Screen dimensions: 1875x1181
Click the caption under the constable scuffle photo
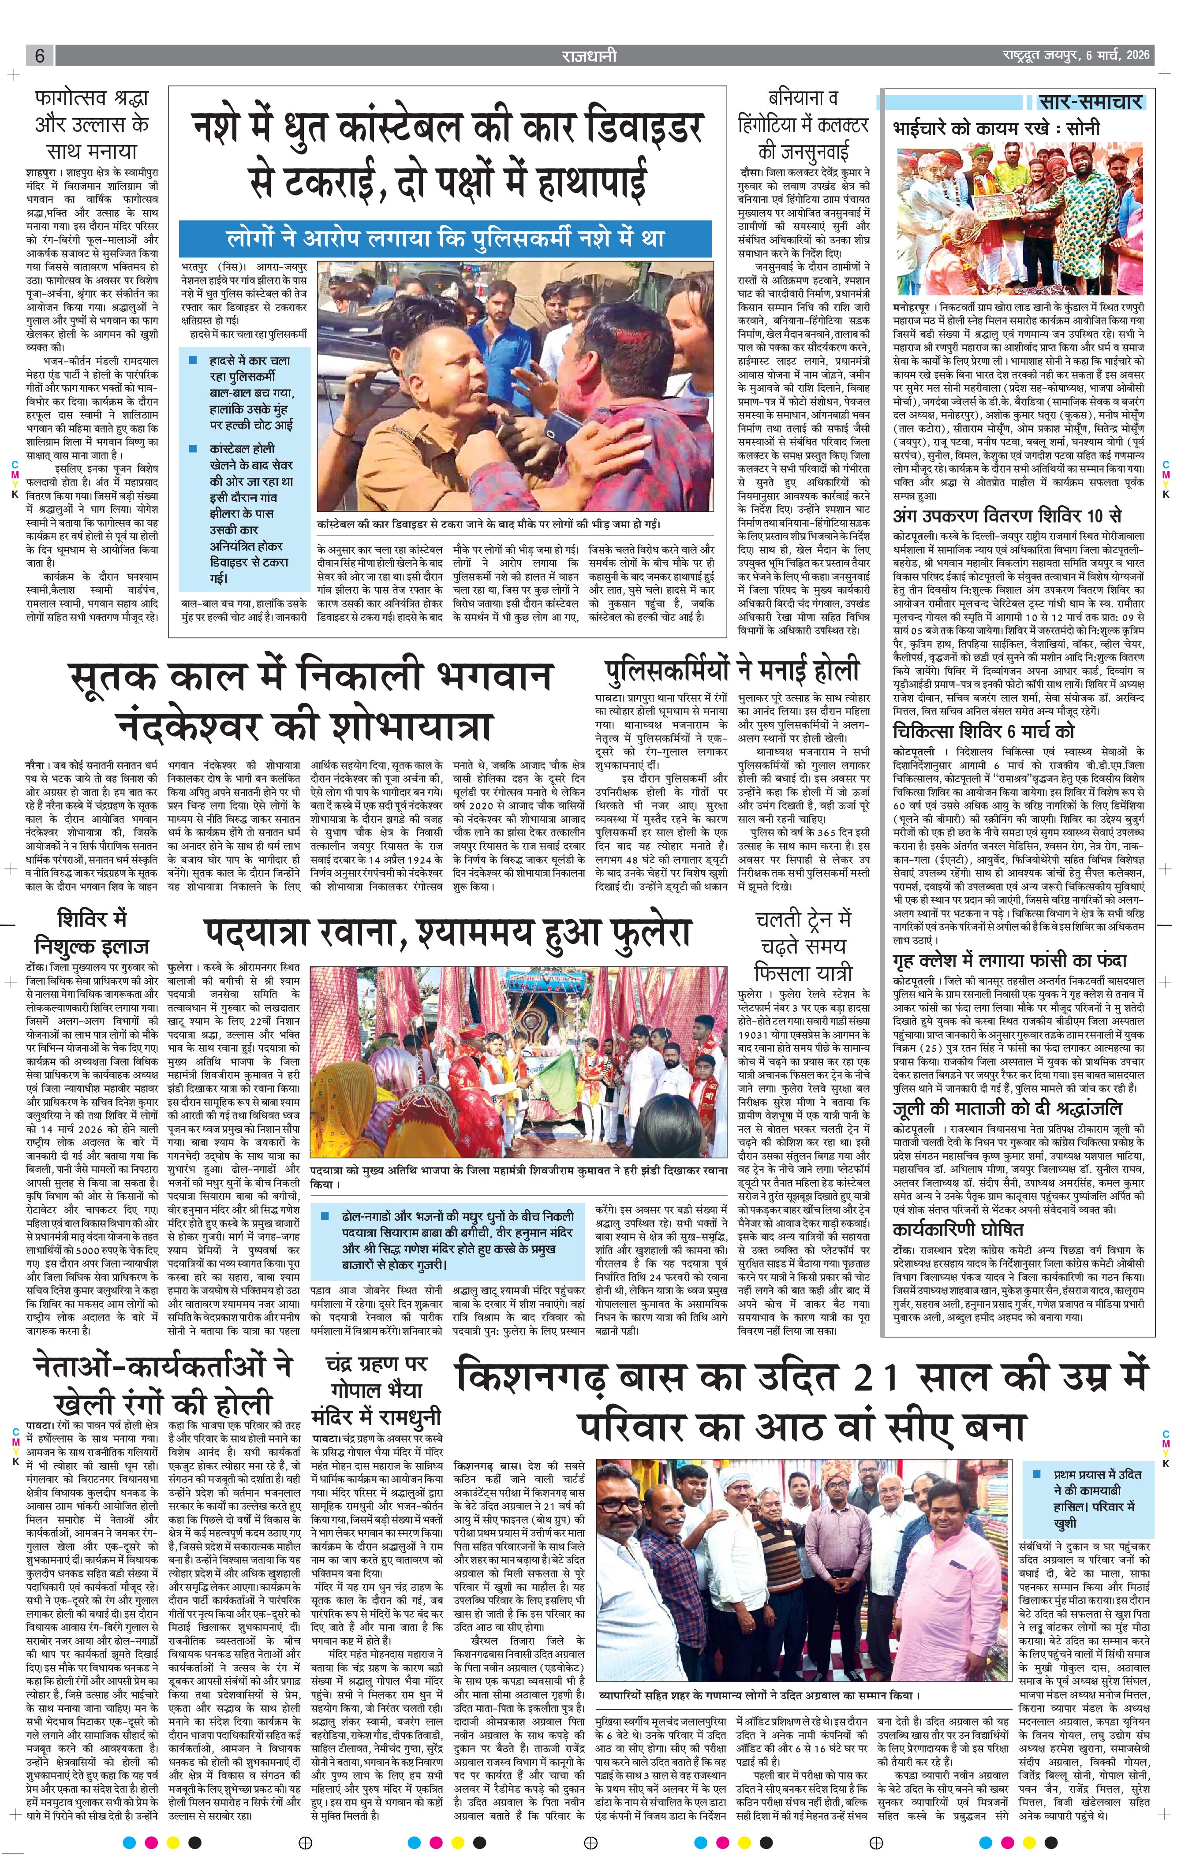point(489,525)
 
